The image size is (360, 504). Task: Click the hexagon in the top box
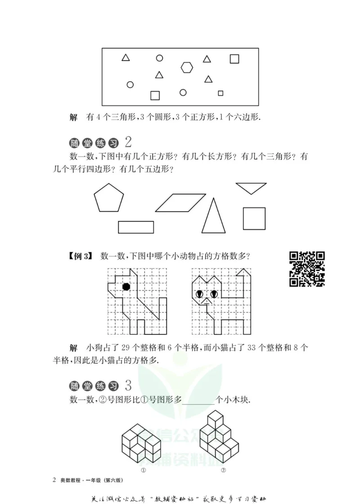click(187, 67)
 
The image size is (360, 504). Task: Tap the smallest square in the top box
click(220, 93)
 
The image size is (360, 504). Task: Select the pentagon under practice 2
click(108, 198)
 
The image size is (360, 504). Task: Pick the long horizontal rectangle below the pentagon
click(136, 227)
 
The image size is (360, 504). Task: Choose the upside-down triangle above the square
click(251, 188)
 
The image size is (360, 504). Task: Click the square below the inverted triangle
click(254, 219)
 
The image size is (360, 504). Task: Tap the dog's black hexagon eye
click(126, 286)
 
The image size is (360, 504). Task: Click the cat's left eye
click(199, 294)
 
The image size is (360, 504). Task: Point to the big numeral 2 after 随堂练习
click(128, 142)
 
